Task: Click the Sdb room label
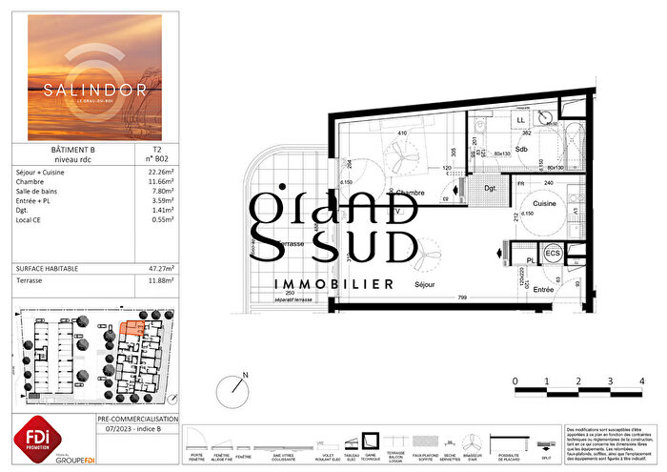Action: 521,150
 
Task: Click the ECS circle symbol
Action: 551,254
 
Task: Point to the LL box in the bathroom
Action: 520,120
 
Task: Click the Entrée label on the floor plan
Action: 543,289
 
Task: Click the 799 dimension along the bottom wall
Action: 460,298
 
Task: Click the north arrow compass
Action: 234,388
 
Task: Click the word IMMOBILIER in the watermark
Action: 333,284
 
